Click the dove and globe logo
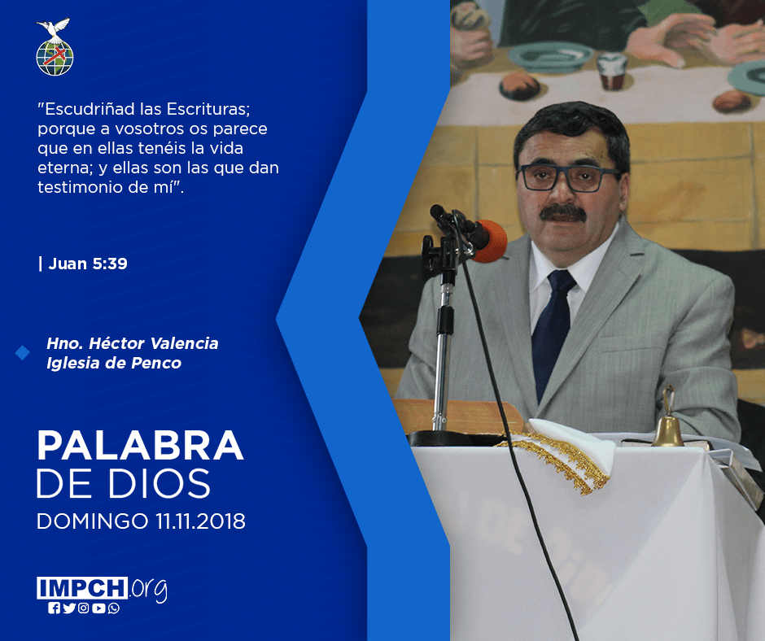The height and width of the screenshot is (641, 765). pos(55,47)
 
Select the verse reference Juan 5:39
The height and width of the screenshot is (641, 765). pos(88,264)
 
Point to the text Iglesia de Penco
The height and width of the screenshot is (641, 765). pos(114,363)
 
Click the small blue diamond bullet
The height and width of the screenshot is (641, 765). pos(23,352)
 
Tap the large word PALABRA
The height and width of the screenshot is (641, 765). pos(140,446)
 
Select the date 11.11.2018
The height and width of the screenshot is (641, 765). pos(200,521)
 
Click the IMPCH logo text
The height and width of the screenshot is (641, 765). pos(82,588)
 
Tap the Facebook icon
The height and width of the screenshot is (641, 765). pos(55,608)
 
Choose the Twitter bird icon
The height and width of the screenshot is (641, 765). pos(69,608)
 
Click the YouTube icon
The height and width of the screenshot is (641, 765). pos(98,608)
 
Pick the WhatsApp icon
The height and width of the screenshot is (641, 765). pos(114,608)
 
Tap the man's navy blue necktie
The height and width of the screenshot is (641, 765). pos(553,331)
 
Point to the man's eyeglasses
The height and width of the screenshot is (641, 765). pos(568,177)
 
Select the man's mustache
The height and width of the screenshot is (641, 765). pos(563,212)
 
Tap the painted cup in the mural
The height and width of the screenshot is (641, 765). pos(612,71)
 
